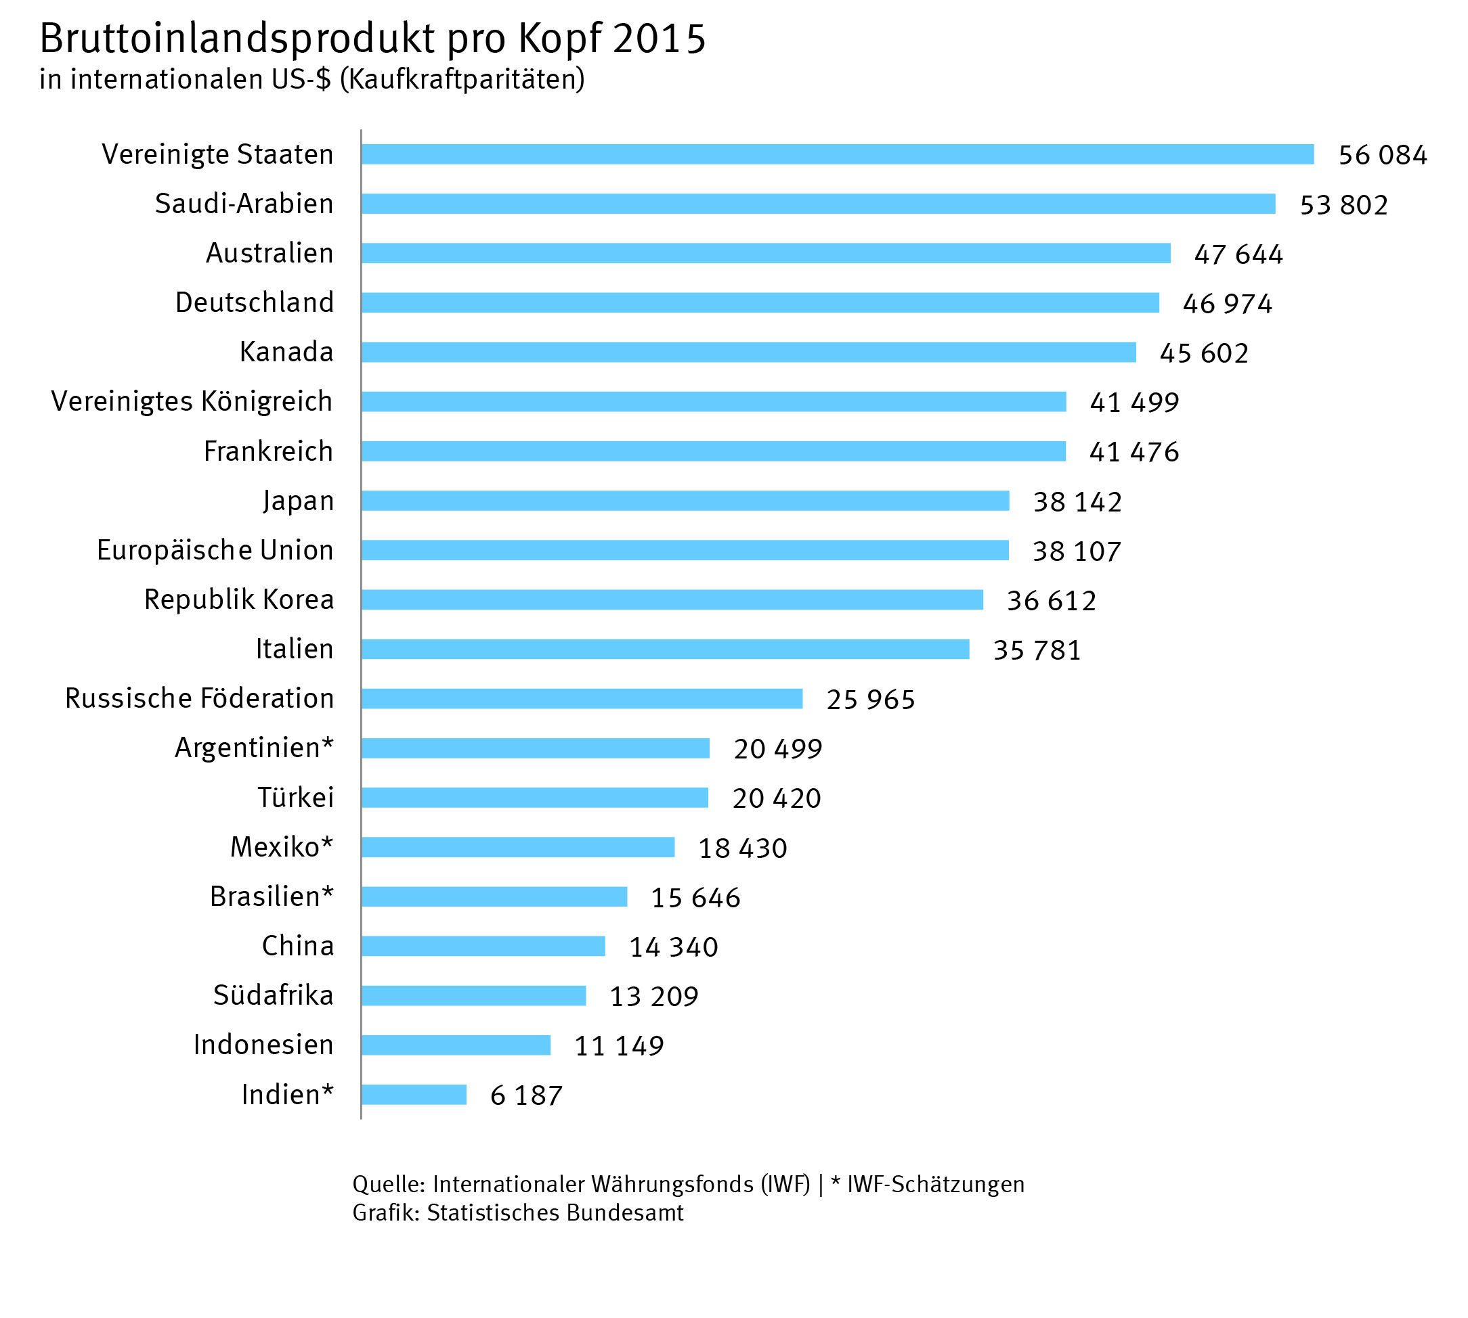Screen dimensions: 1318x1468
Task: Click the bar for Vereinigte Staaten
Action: pyautogui.click(x=837, y=154)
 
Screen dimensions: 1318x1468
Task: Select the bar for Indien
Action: pyautogui.click(x=414, y=1094)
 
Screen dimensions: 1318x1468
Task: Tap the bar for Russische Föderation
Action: pyautogui.click(x=582, y=698)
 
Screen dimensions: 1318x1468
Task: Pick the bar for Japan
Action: pyautogui.click(x=685, y=501)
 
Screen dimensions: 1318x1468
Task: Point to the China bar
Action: pyautogui.click(x=483, y=946)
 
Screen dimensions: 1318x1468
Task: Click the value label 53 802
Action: pyautogui.click(x=1343, y=205)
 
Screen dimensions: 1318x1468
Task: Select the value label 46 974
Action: pyautogui.click(x=1228, y=303)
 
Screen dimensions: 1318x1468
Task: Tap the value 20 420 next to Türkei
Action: pyautogui.click(x=777, y=798)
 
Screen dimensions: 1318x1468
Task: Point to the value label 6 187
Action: pyautogui.click(x=526, y=1095)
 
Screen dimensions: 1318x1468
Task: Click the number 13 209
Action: pyautogui.click(x=653, y=997)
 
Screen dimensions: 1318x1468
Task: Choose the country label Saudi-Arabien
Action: pyautogui.click(x=244, y=204)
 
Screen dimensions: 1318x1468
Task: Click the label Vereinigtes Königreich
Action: pyautogui.click(x=192, y=401)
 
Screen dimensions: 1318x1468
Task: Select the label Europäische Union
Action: pyautogui.click(x=215, y=549)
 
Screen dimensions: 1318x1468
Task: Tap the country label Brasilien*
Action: pyautogui.click(x=272, y=896)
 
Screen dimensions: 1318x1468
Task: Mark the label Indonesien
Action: pyautogui.click(x=263, y=1044)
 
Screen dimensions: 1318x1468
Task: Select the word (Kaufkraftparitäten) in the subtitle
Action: pyautogui.click(x=462, y=79)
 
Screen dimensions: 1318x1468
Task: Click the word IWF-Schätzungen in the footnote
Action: pyautogui.click(x=935, y=1184)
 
